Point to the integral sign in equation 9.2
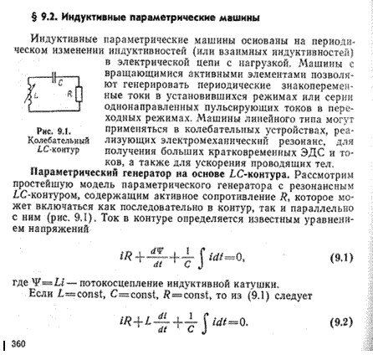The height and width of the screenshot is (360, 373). pyautogui.click(x=198, y=321)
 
